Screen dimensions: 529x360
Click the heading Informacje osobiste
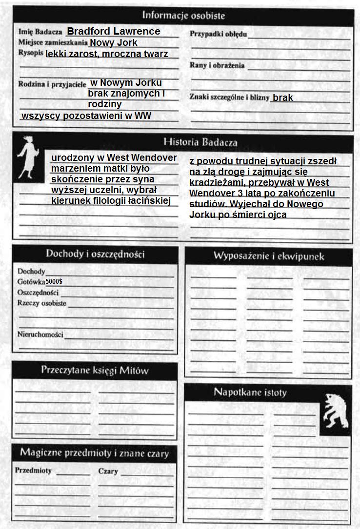183,15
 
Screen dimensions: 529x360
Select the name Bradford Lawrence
113,31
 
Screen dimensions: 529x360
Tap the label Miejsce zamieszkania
53,42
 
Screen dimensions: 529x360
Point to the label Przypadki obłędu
218,34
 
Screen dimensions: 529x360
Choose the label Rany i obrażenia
217,65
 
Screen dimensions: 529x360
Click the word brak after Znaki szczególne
283,98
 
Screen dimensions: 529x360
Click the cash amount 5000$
54,282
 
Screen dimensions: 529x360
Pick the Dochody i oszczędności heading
95,254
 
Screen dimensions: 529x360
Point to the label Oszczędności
38,293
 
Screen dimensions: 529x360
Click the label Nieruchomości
40,334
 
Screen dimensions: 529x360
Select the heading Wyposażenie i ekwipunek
268,256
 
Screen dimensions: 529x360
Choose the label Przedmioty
33,471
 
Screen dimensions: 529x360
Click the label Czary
108,471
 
